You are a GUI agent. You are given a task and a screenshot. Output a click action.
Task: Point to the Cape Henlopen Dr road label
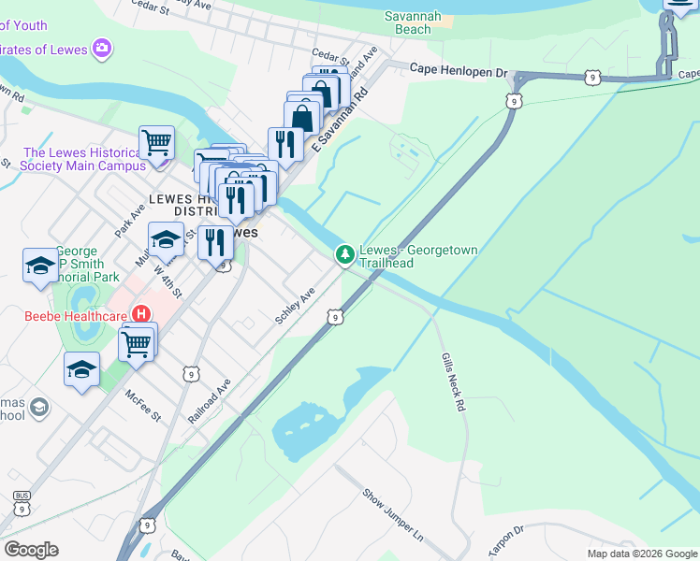tap(458, 70)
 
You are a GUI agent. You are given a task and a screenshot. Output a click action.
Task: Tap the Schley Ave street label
tap(295, 307)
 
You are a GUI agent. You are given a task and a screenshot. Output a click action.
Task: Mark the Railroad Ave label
tap(210, 403)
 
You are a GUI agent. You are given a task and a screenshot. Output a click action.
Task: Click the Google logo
tap(31, 550)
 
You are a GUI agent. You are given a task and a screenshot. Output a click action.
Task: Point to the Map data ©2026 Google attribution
tap(642, 554)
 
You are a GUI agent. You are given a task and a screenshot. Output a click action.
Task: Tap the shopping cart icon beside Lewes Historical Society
tap(156, 143)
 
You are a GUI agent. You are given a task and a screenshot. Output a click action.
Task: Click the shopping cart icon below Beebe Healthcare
tap(137, 344)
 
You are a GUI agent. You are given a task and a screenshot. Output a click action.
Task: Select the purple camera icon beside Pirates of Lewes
tap(102, 48)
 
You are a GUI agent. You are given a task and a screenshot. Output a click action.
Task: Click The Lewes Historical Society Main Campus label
tap(84, 159)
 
